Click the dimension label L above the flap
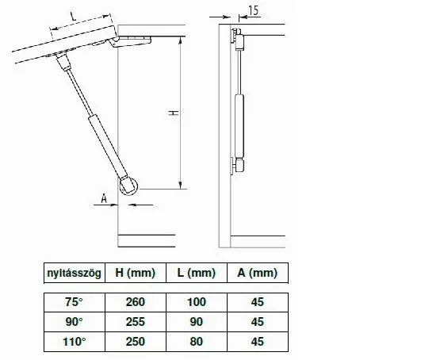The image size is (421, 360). tap(73, 17)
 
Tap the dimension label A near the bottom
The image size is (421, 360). tap(104, 199)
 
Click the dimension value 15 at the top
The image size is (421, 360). tap(254, 10)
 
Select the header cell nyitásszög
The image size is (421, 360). tap(75, 273)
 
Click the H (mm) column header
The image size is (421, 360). tap(136, 273)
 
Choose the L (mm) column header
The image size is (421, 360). tap(197, 273)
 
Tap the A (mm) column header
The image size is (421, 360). tap(258, 273)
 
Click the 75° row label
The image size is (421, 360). tap(74, 302)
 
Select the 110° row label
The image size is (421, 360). tap(75, 342)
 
